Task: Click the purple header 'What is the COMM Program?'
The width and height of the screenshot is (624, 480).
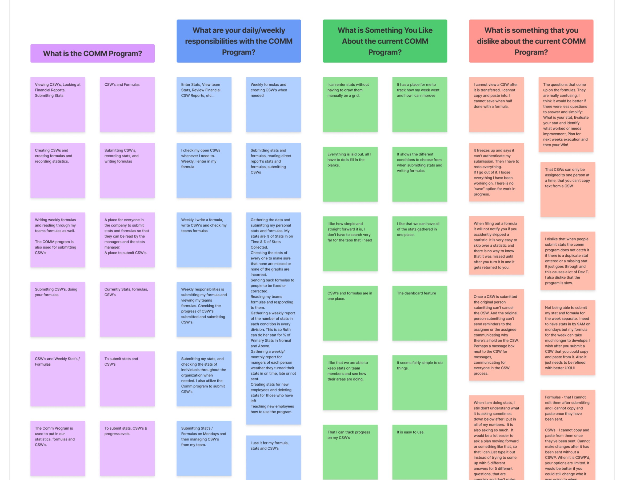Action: (x=92, y=53)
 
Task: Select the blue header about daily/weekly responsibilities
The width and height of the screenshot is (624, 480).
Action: (x=239, y=41)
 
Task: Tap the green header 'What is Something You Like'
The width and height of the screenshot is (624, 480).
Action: (x=385, y=41)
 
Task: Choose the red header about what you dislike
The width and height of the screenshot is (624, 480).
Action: (x=531, y=41)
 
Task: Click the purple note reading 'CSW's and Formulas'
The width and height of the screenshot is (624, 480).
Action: (x=127, y=104)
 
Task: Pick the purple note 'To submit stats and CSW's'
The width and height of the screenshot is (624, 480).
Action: (x=127, y=379)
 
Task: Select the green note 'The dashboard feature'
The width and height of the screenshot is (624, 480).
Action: (x=419, y=313)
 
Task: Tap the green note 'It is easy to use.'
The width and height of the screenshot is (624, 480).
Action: (x=419, y=451)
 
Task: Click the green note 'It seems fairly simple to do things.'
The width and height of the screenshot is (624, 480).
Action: (x=419, y=382)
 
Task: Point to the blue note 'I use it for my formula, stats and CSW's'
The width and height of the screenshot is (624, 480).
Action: (x=273, y=457)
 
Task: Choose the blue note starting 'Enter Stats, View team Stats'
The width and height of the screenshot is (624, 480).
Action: (x=204, y=104)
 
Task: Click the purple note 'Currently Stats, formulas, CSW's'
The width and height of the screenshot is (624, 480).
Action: (x=127, y=309)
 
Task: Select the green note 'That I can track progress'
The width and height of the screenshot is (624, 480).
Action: (x=350, y=451)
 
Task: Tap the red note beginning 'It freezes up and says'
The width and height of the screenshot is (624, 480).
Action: (x=496, y=172)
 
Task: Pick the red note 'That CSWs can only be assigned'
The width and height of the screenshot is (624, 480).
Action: (x=567, y=189)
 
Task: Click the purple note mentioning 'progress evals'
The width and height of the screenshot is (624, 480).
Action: (x=127, y=448)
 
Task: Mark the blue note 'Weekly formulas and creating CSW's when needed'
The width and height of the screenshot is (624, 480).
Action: (x=273, y=104)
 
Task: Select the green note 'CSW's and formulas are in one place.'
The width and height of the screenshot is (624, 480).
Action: (x=350, y=313)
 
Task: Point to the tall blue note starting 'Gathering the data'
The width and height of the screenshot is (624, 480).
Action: (x=273, y=318)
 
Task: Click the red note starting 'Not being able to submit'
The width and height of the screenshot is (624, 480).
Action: (x=567, y=337)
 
